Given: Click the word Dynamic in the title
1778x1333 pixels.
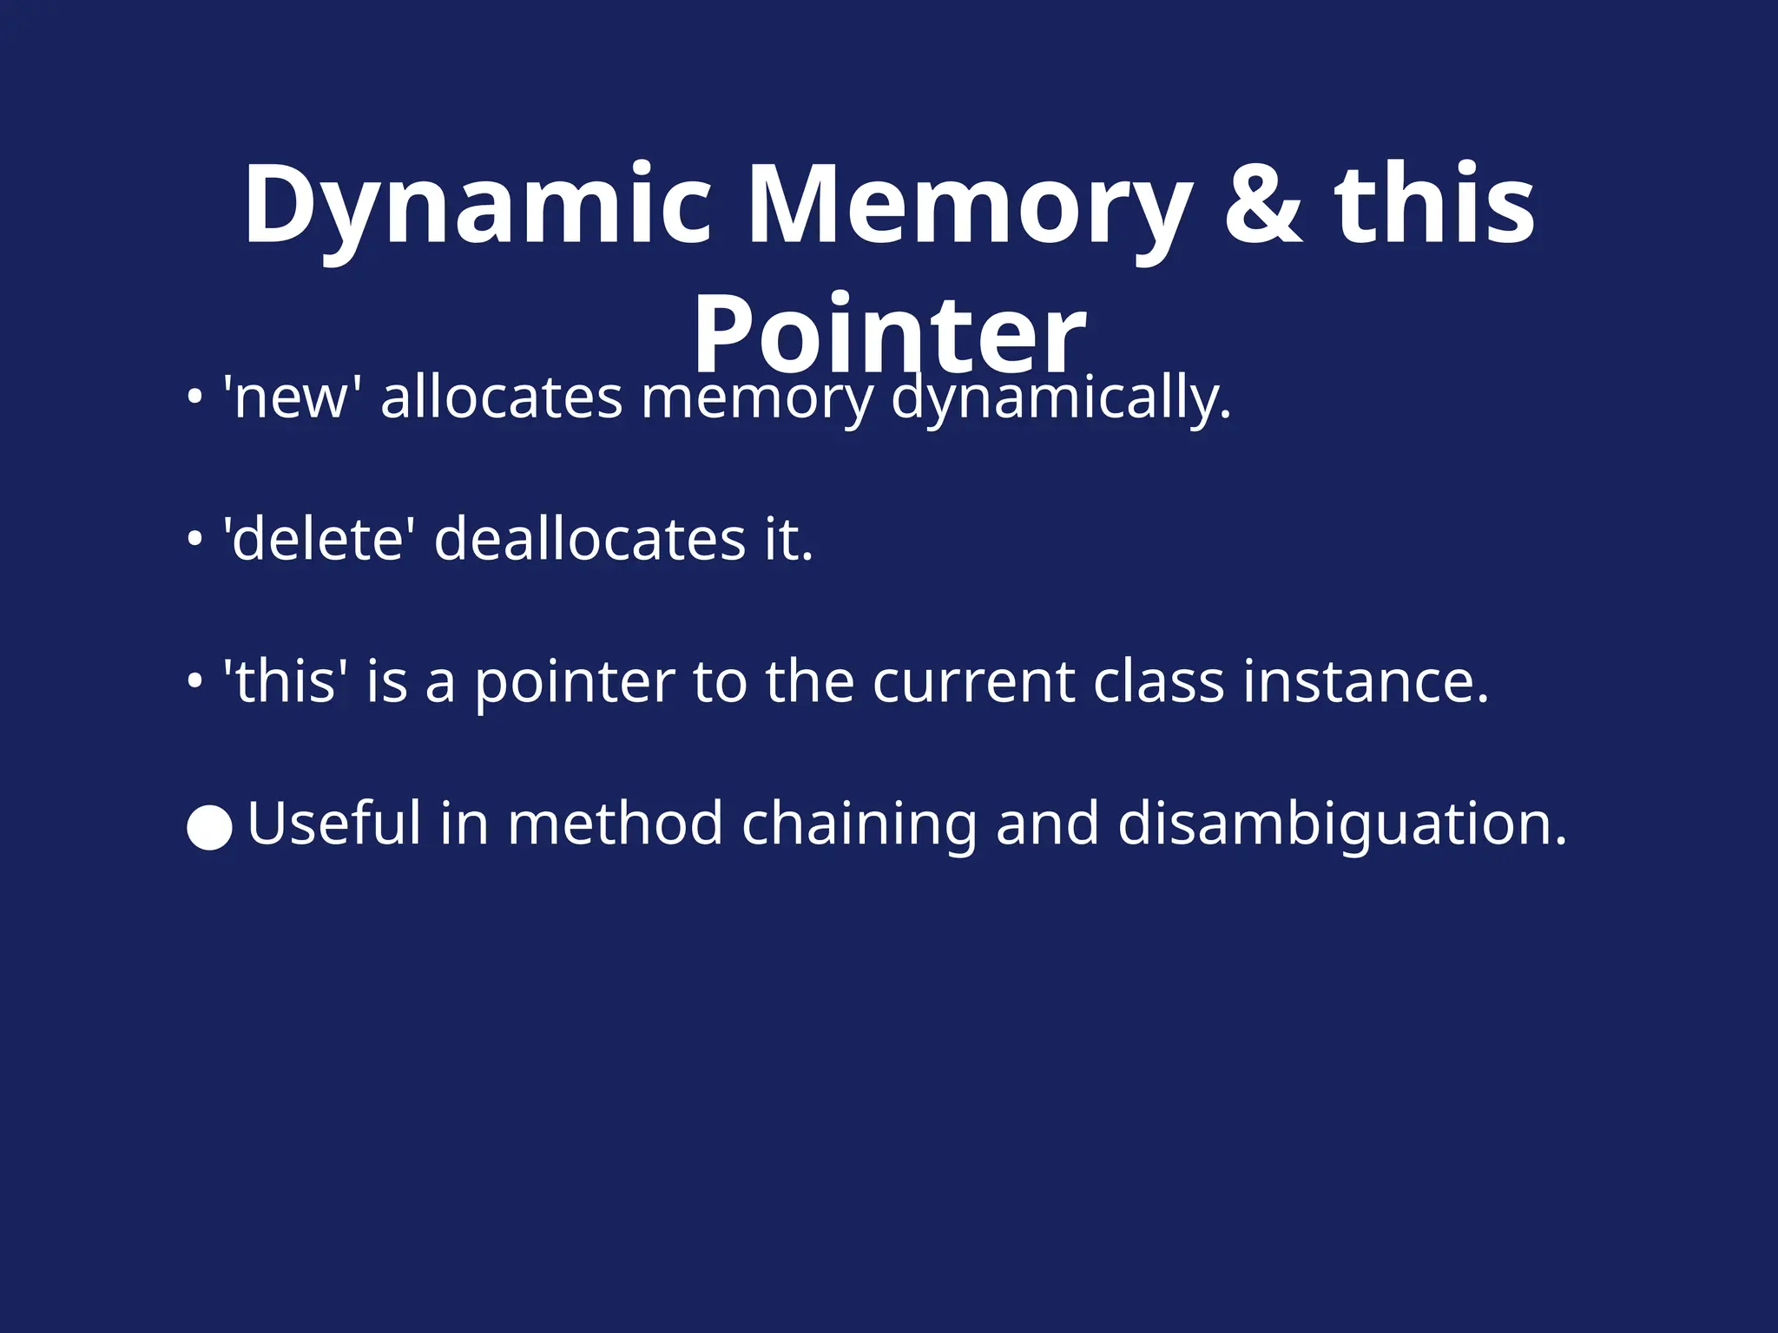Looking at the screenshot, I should (x=477, y=207).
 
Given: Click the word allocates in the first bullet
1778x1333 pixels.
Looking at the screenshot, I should (x=501, y=397).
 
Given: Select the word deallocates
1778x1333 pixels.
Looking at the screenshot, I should (x=589, y=539).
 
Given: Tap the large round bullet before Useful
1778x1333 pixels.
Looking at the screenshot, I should (x=209, y=827).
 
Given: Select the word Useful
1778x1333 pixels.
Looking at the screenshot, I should (x=334, y=823).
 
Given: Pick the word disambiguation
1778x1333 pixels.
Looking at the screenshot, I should (x=1342, y=824).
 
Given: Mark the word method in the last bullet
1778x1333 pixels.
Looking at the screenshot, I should (x=616, y=823).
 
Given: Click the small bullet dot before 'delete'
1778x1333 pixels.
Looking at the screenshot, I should (x=195, y=540).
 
